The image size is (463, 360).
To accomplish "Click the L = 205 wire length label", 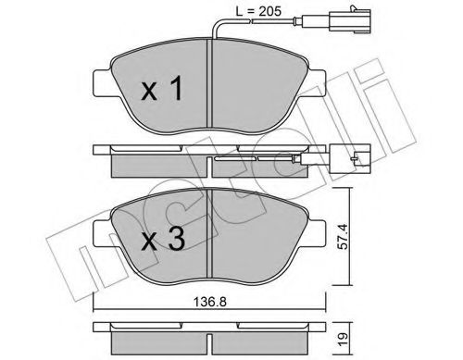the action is [258, 11].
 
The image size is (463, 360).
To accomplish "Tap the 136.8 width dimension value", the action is [210, 302].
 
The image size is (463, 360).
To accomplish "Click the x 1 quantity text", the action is [162, 89].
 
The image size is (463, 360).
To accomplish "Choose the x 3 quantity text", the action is [163, 238].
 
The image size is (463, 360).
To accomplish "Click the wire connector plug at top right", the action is [350, 20].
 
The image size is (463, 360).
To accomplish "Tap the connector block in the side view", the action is [350, 159].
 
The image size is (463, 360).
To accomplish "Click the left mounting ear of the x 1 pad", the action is [103, 83].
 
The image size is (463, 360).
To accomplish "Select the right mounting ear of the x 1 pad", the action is [316, 83].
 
